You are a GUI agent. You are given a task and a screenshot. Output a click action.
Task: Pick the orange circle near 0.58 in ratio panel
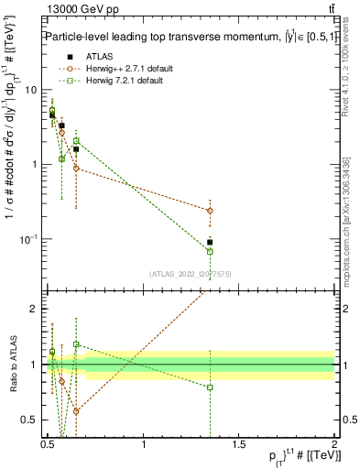(x=61, y=381)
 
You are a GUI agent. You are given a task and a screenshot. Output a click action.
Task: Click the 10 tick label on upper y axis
(x=30, y=90)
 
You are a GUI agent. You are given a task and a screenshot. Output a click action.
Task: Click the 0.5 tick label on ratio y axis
(x=29, y=420)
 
